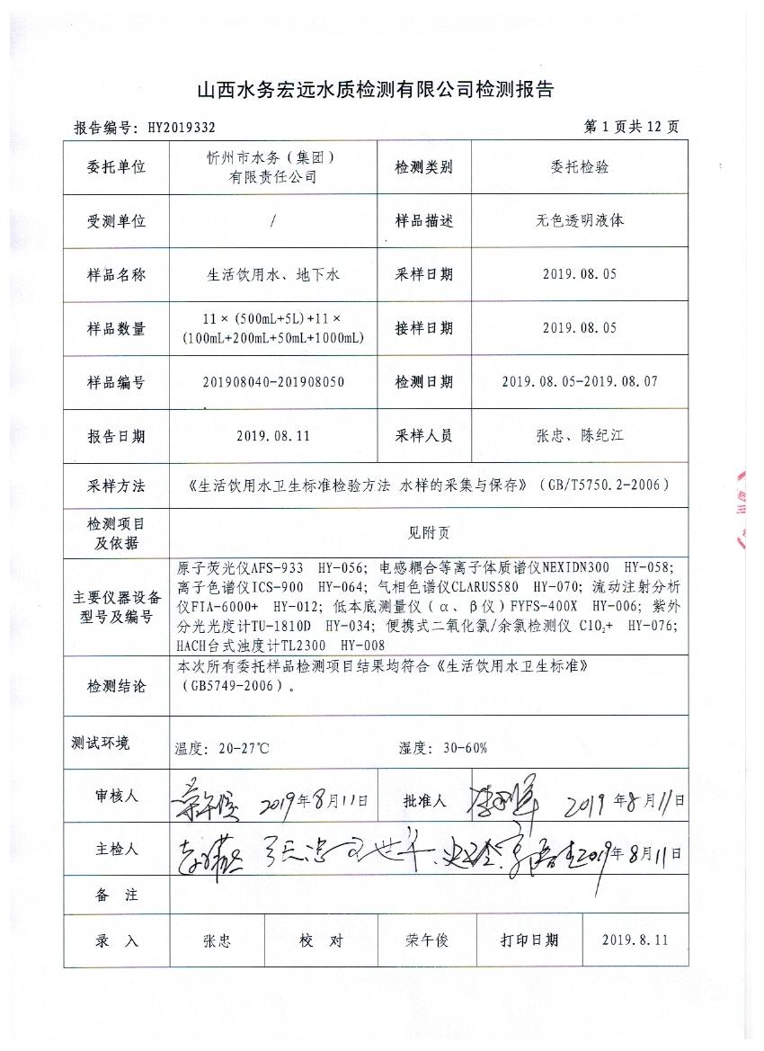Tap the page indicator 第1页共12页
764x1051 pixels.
tap(631, 127)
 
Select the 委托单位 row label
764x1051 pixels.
tap(116, 168)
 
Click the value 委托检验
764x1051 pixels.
tap(579, 168)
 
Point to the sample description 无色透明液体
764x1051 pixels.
tap(579, 220)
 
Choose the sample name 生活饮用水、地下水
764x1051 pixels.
tap(271, 275)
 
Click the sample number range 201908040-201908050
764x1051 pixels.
tap(271, 382)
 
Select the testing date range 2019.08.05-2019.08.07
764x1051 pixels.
tap(579, 382)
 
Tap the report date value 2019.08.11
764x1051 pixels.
tap(271, 436)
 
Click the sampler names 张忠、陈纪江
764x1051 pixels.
tap(579, 436)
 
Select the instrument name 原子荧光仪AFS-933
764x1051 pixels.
tap(240, 568)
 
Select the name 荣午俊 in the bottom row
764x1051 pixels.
tap(426, 940)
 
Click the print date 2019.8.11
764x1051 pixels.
tap(635, 940)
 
